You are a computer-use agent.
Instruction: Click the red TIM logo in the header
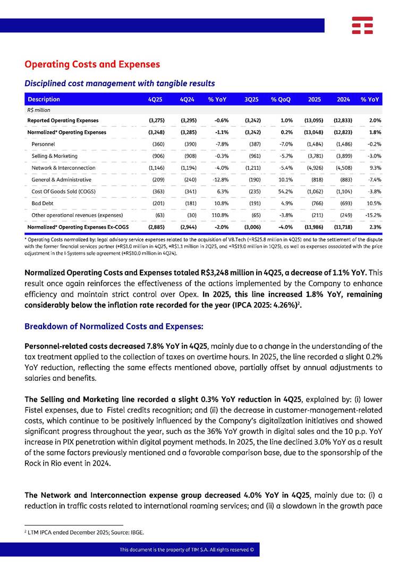[362, 26]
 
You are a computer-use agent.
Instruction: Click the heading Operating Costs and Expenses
[92, 64]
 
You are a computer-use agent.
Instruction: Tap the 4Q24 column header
[189, 99]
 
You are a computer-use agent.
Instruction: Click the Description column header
[44, 99]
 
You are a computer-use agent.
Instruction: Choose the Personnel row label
[44, 144]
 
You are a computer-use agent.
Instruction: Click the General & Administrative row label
[61, 179]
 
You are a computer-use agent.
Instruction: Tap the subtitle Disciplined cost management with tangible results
[120, 84]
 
